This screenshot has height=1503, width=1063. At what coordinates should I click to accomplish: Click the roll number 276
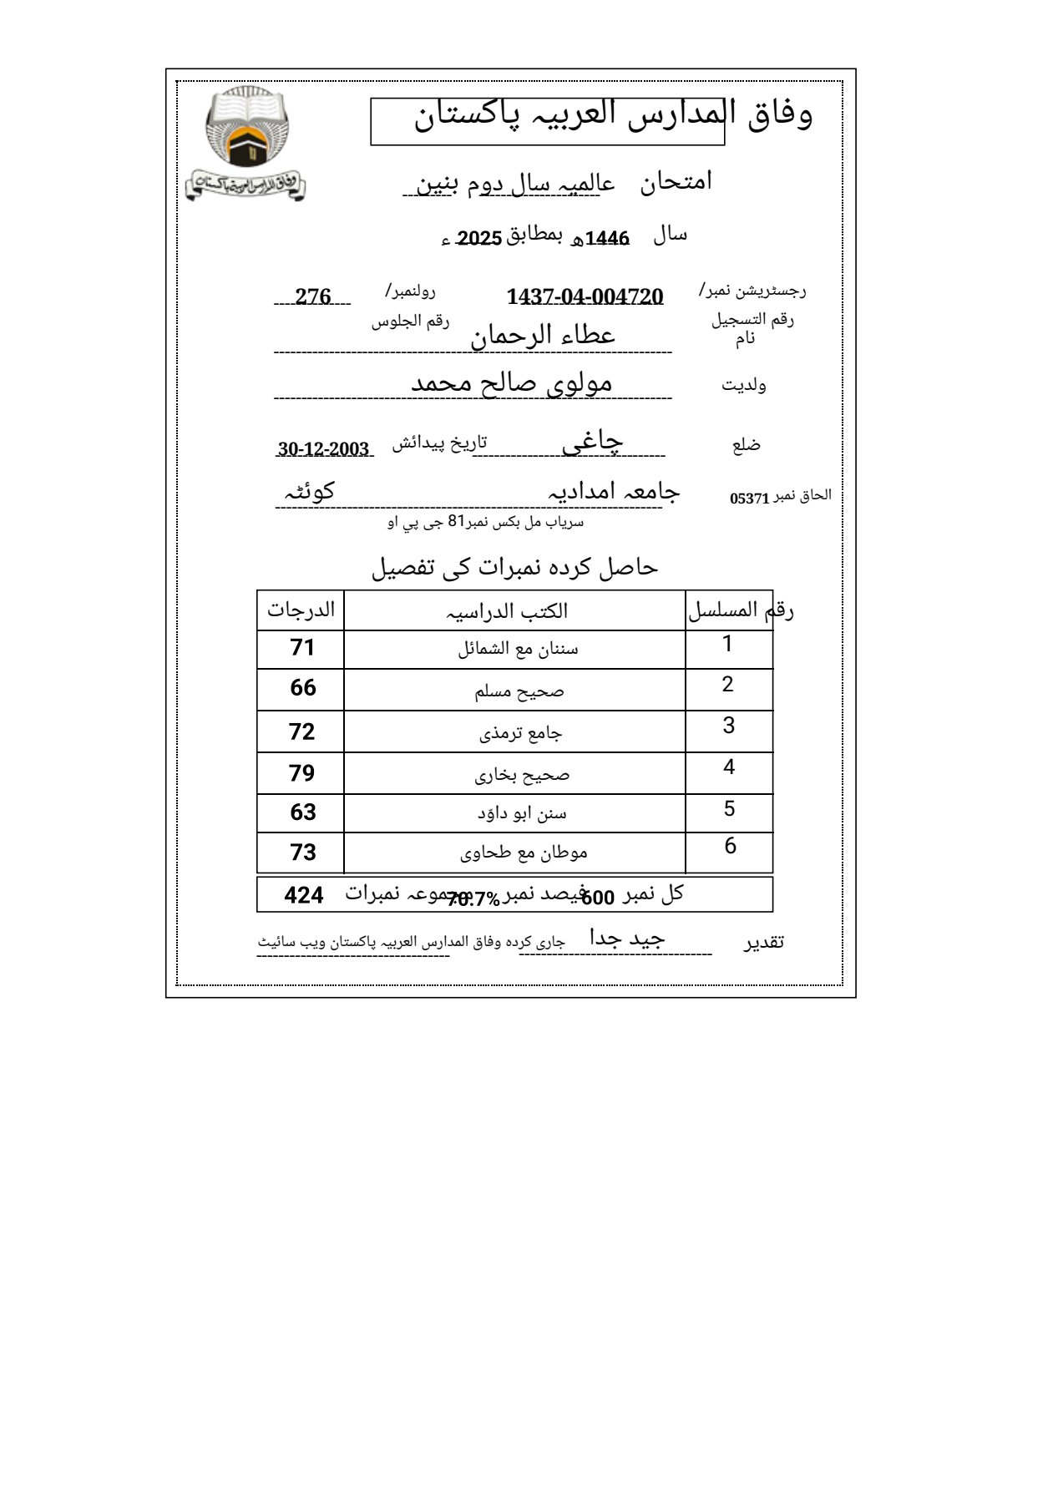313,296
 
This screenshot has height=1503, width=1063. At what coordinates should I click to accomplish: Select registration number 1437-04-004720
585,296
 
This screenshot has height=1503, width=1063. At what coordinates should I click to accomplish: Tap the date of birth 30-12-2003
324,449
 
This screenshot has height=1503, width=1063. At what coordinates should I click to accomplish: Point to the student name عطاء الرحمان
543,336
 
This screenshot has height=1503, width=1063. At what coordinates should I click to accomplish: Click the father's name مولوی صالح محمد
511,383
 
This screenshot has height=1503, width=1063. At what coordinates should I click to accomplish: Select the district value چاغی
592,443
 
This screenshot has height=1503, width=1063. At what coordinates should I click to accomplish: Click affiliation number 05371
749,498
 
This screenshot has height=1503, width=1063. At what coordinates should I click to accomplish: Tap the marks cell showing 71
301,648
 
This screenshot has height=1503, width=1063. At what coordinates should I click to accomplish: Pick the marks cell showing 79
301,773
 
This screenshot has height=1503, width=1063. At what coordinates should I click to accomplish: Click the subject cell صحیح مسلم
519,691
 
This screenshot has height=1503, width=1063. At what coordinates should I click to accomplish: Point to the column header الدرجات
301,610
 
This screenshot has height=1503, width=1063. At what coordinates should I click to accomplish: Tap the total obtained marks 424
303,895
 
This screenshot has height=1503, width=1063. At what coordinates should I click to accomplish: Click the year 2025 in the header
479,239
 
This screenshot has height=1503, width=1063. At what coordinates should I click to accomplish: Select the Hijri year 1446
607,240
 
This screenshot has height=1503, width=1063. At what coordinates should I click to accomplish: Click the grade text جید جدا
627,939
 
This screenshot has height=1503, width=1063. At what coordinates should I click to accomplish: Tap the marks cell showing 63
302,812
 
